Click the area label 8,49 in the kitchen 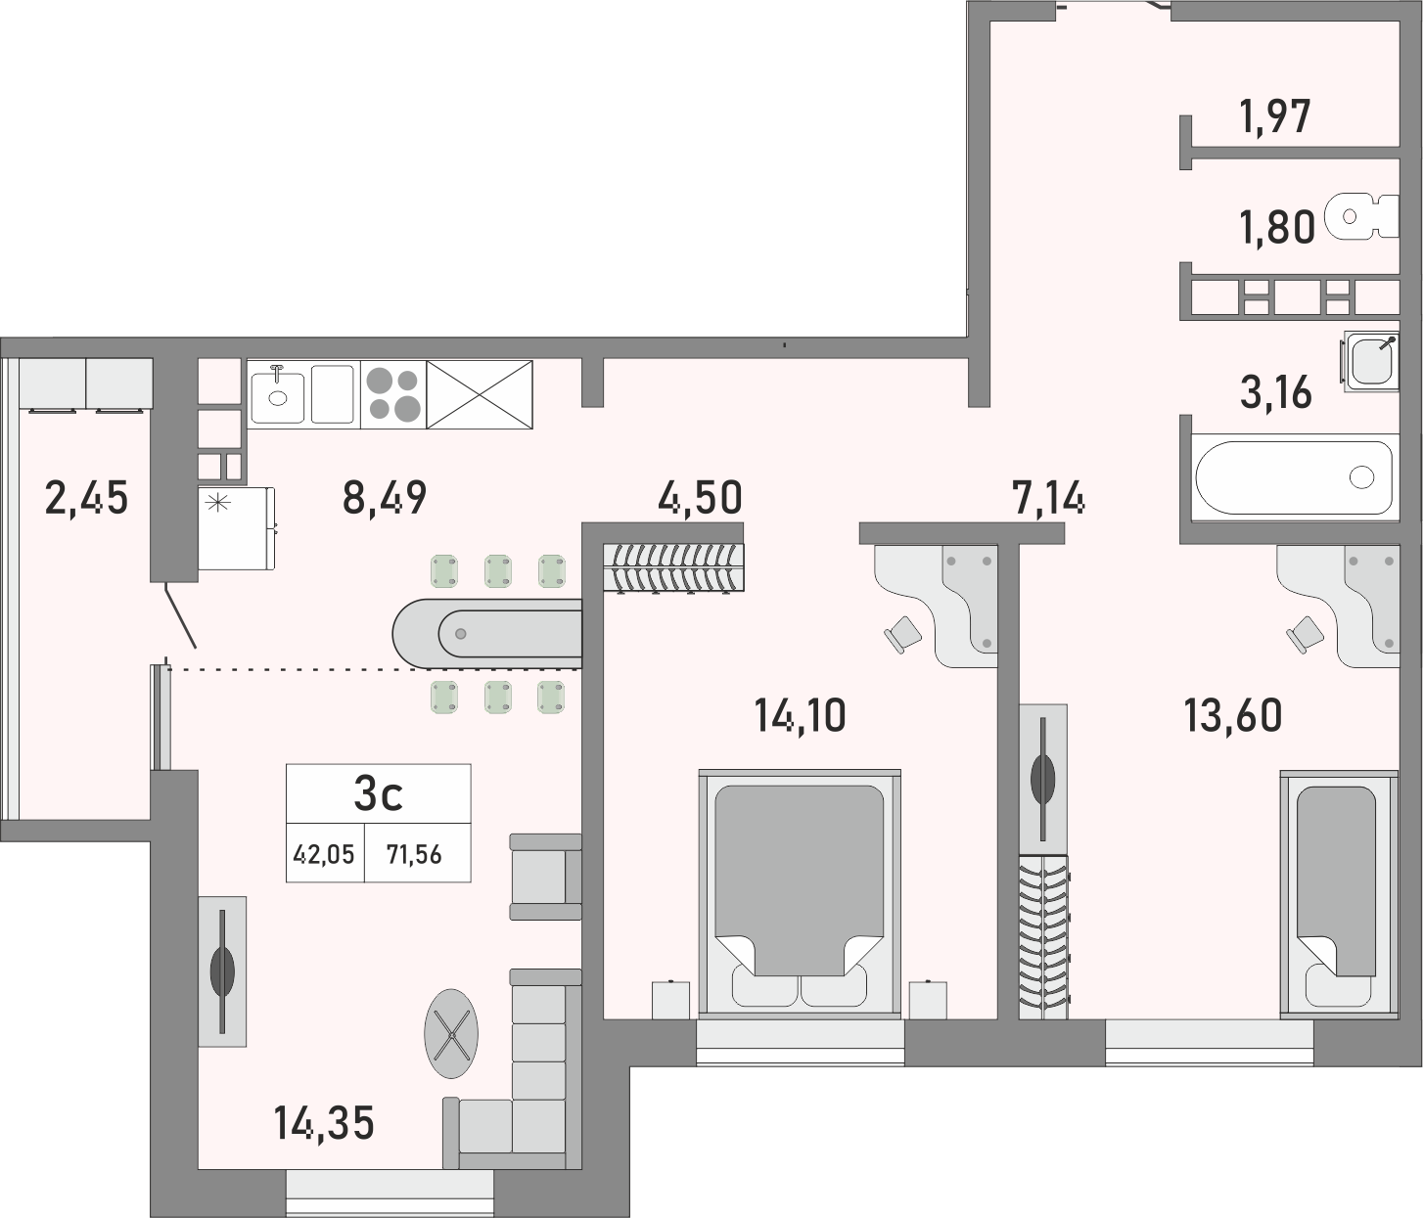pyautogui.click(x=385, y=498)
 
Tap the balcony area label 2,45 pyautogui.click(x=86, y=498)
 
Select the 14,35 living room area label pyautogui.click(x=325, y=1123)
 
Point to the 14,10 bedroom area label pyautogui.click(x=800, y=716)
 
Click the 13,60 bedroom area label pyautogui.click(x=1232, y=716)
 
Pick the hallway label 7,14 pyautogui.click(x=1050, y=499)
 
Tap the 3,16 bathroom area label pyautogui.click(x=1275, y=393)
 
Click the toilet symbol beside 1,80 pyautogui.click(x=1361, y=216)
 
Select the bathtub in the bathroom pyautogui.click(x=1293, y=477)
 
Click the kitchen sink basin pyautogui.click(x=279, y=394)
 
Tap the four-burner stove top pyautogui.click(x=392, y=393)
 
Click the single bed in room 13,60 pyautogui.click(x=1336, y=890)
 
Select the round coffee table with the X pyautogui.click(x=451, y=1033)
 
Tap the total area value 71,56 pyautogui.click(x=414, y=855)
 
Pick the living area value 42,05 pyautogui.click(x=325, y=855)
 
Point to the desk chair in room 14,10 pyautogui.click(x=902, y=634)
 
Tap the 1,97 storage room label pyautogui.click(x=1274, y=117)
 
